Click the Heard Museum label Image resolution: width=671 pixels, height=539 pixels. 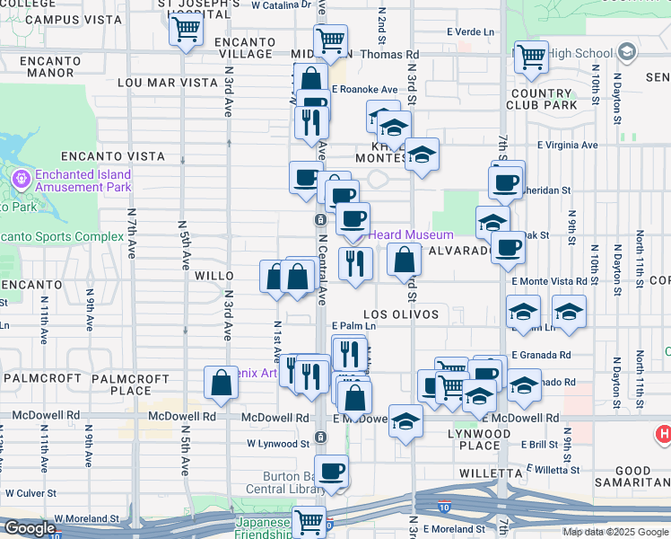click(x=412, y=234)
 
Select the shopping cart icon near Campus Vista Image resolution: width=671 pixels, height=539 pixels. click(x=186, y=29)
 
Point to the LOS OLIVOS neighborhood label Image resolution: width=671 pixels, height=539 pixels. click(x=401, y=314)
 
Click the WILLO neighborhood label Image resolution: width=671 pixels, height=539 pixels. click(x=214, y=277)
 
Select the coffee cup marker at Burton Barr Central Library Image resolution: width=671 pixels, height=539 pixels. click(x=332, y=471)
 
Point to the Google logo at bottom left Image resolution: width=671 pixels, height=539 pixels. click(x=29, y=528)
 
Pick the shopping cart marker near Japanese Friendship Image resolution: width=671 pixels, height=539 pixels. click(x=309, y=521)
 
